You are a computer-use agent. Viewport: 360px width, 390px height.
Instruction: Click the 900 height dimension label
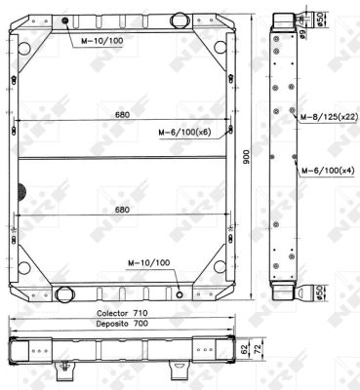coord(246,157)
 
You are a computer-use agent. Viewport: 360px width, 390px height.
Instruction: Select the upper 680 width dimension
coord(122,115)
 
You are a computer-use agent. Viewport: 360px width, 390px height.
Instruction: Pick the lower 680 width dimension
coord(122,210)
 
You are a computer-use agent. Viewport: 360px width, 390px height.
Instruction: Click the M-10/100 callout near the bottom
coord(148,262)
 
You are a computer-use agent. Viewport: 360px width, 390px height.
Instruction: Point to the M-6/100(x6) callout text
coord(184,133)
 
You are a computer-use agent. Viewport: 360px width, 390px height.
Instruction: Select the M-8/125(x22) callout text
coord(329,117)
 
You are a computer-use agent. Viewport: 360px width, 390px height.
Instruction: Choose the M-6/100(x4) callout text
coord(328,170)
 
